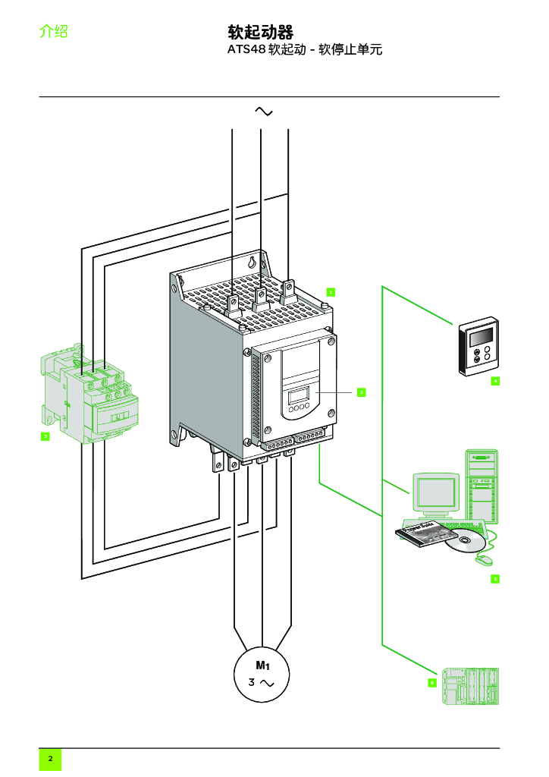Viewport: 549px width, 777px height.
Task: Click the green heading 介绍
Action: click(54, 32)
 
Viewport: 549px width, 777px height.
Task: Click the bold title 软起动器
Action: click(260, 32)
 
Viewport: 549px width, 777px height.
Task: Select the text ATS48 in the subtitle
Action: click(246, 51)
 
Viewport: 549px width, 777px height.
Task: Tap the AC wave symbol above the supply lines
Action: click(263, 112)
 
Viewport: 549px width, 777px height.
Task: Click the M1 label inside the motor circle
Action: click(262, 665)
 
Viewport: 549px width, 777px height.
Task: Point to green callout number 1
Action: click(331, 291)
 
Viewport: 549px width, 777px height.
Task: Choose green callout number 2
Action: click(361, 392)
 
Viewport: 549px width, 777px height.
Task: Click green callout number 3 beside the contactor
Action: click(45, 436)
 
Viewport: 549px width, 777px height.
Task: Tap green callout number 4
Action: click(494, 380)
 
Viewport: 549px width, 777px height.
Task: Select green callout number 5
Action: click(494, 579)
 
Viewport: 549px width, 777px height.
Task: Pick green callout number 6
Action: click(432, 682)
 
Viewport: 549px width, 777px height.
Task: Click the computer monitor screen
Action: click(436, 492)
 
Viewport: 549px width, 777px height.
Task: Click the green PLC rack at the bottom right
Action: click(471, 687)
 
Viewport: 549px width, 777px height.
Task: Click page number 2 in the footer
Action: click(50, 759)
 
